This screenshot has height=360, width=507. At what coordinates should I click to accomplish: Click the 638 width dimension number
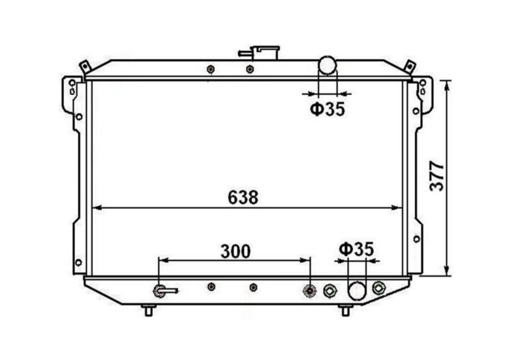pos(243,198)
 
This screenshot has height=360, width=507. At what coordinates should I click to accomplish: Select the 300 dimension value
pos(235,251)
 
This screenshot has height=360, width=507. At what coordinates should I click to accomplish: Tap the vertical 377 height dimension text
pos(437,176)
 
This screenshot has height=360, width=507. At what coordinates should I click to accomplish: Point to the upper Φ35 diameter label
pos(328,109)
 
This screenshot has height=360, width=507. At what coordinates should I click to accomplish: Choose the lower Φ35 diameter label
pos(356,249)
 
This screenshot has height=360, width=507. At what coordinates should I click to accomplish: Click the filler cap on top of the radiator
pos(266,53)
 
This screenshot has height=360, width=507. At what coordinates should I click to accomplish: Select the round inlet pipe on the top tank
pos(328,65)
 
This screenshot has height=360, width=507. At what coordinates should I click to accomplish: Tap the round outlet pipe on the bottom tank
pos(357,291)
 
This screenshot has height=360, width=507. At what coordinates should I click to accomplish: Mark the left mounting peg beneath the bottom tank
pos(148,310)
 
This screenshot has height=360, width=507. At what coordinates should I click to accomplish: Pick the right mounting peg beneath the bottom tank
pos(345,310)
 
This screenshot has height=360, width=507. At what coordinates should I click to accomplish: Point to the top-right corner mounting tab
pos(409,66)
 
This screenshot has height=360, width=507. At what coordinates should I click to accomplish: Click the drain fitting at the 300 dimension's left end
pos(160,291)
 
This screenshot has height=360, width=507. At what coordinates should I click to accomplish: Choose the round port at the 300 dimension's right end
pos(310,291)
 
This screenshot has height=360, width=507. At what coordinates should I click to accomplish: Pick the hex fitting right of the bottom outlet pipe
pos(379,288)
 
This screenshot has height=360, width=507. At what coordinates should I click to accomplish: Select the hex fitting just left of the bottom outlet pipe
pos(330,291)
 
